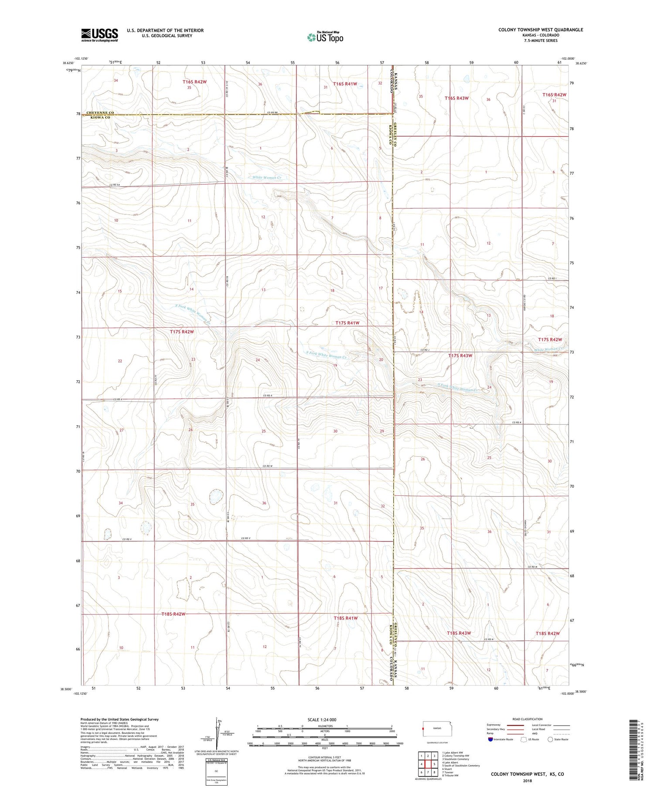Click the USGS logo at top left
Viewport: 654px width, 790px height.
(x=99, y=35)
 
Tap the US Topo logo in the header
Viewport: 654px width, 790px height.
(x=325, y=37)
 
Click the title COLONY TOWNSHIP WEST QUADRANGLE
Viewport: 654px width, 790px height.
(x=541, y=30)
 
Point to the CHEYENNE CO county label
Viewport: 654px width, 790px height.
(x=100, y=112)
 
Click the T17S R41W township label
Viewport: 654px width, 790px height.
(x=347, y=323)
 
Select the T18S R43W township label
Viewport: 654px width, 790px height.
(x=459, y=633)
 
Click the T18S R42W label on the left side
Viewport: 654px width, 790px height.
(x=174, y=614)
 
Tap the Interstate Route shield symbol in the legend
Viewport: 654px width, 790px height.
(x=490, y=739)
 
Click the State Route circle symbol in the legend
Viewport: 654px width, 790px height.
(x=551, y=739)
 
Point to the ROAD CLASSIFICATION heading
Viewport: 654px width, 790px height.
(x=528, y=719)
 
